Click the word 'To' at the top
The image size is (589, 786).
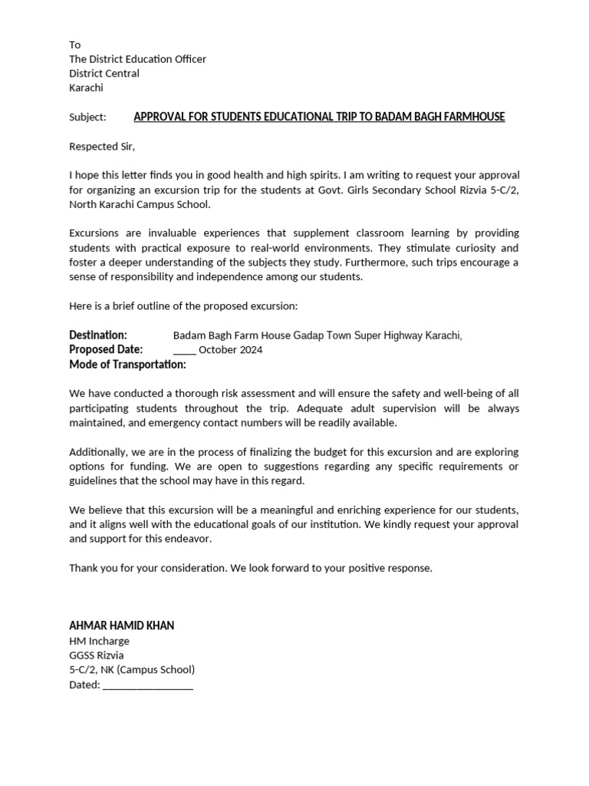pyautogui.click(x=74, y=45)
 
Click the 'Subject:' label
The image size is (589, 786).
pyautogui.click(x=87, y=117)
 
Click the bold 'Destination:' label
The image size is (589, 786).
pyautogui.click(x=98, y=335)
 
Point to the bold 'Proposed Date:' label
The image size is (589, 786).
pyautogui.click(x=106, y=349)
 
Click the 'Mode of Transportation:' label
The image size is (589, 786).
pyautogui.click(x=127, y=364)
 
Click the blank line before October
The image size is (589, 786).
pyautogui.click(x=185, y=350)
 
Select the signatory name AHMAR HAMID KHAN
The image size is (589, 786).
pyautogui.click(x=121, y=626)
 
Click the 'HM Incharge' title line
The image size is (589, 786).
pyautogui.click(x=99, y=641)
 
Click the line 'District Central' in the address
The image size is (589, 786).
pyautogui.click(x=104, y=74)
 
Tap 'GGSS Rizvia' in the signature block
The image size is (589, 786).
pyautogui.click(x=96, y=656)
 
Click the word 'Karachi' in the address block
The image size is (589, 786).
pyautogui.click(x=86, y=88)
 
